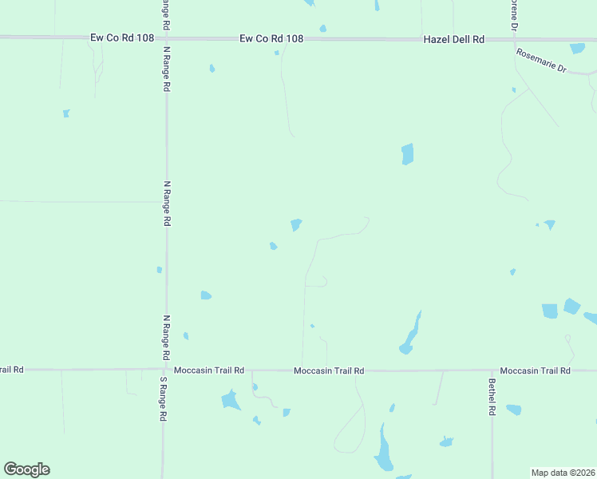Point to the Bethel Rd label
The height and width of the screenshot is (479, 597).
pyautogui.click(x=492, y=396)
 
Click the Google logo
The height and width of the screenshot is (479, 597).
pyautogui.click(x=26, y=469)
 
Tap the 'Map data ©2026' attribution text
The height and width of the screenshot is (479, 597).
pyautogui.click(x=563, y=473)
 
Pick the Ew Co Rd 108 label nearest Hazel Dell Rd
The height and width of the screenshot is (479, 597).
pyautogui.click(x=272, y=38)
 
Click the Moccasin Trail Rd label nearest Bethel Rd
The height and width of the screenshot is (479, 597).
pyautogui.click(x=535, y=370)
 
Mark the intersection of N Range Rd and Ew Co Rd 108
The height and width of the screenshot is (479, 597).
pyautogui.click(x=166, y=38)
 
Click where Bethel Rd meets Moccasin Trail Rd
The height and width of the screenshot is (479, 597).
pyautogui.click(x=492, y=370)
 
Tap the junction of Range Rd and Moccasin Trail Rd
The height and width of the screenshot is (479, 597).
pyautogui.click(x=164, y=370)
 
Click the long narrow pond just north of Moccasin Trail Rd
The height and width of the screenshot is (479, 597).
pyautogui.click(x=410, y=335)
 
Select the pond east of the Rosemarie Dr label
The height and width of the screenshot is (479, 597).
pyautogui.click(x=577, y=49)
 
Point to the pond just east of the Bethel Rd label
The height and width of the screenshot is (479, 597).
pyautogui.click(x=513, y=410)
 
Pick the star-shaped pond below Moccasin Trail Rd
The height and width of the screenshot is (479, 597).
pyautogui.click(x=231, y=399)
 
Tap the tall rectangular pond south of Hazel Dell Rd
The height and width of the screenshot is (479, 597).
pyautogui.click(x=407, y=153)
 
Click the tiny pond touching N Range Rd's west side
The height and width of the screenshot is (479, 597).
pyautogui.click(x=160, y=270)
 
